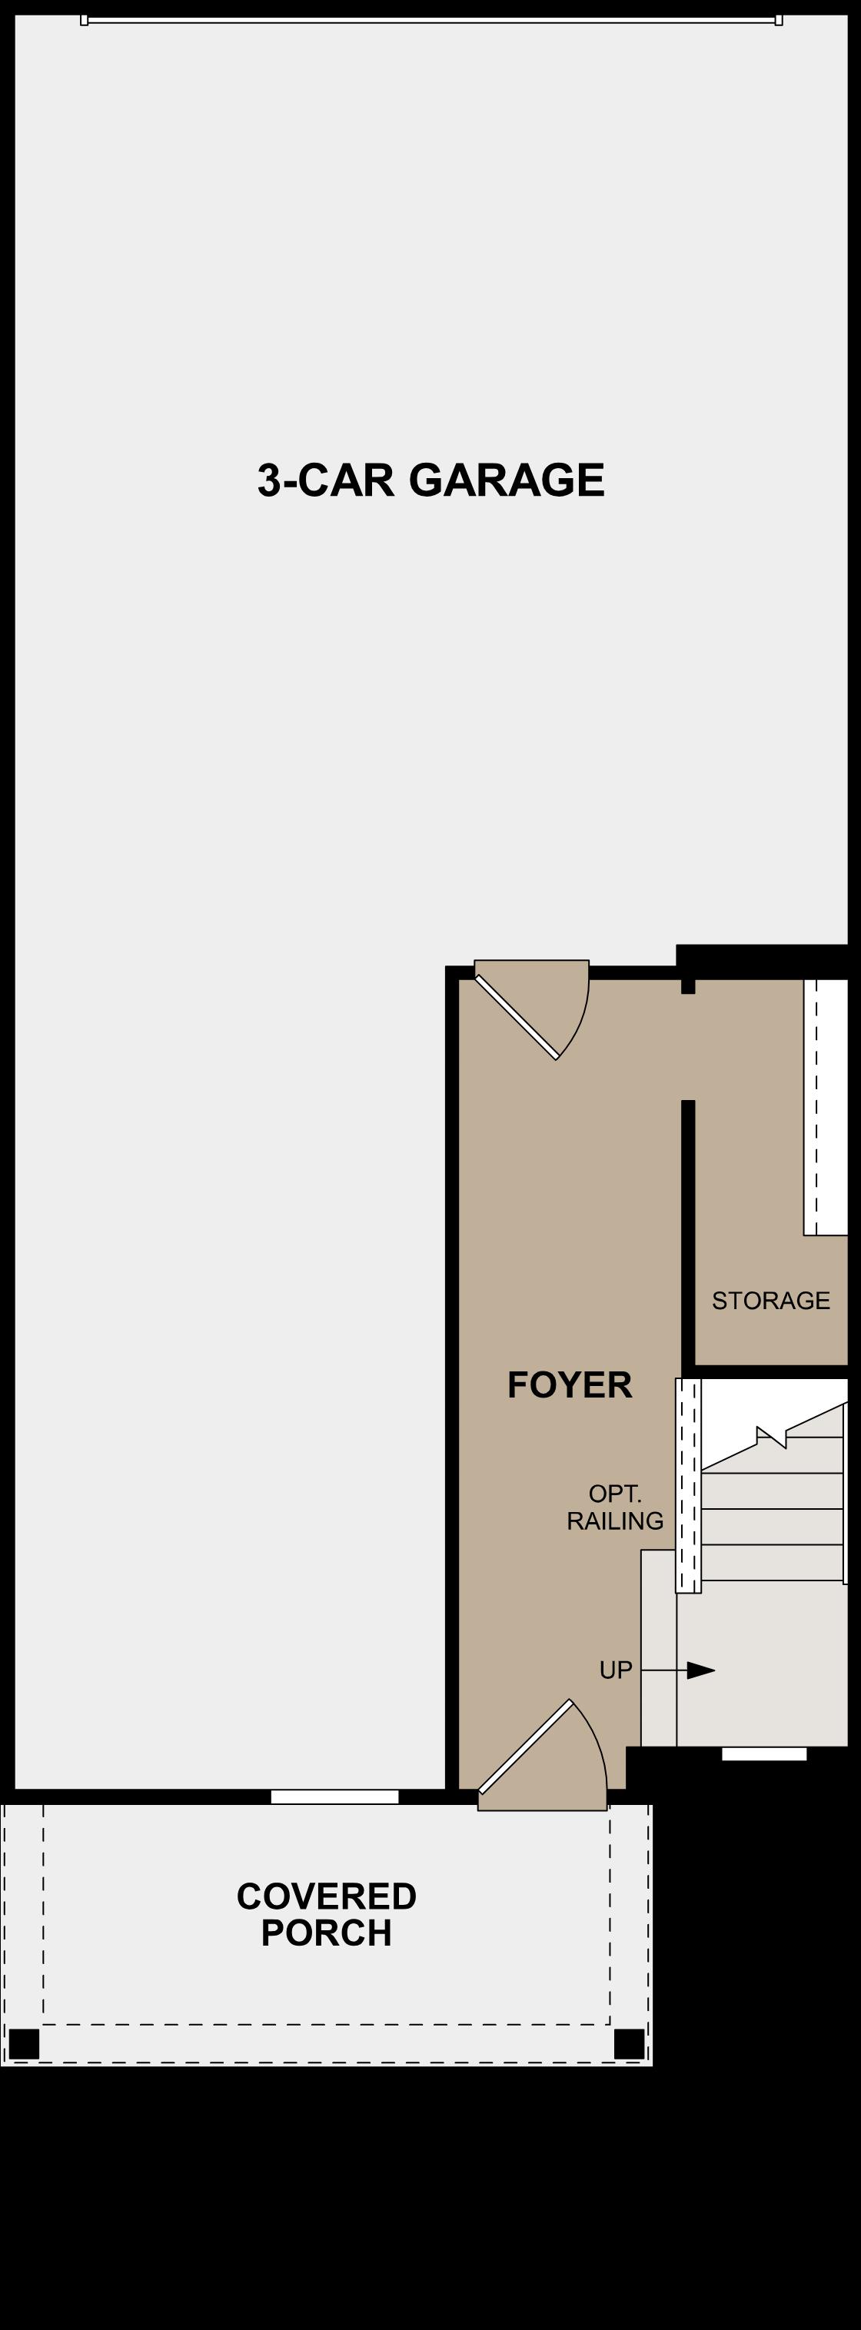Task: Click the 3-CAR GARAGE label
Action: (430, 480)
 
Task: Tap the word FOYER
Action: (569, 1384)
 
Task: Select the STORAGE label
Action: (770, 1300)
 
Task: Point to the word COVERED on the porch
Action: (327, 1896)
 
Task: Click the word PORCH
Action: (327, 1933)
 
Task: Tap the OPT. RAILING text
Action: (615, 1507)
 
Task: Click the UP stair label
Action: (615, 1670)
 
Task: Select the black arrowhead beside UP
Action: (700, 1670)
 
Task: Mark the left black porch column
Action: (25, 2043)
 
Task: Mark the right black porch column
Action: (629, 2043)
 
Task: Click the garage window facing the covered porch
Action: (334, 1797)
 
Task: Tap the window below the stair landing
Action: (764, 1753)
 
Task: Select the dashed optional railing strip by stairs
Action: (688, 1485)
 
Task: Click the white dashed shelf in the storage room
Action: (825, 1107)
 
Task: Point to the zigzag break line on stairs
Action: (772, 1435)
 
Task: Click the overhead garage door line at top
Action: (431, 20)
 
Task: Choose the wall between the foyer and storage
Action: (688, 1230)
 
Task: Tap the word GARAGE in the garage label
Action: (507, 480)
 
